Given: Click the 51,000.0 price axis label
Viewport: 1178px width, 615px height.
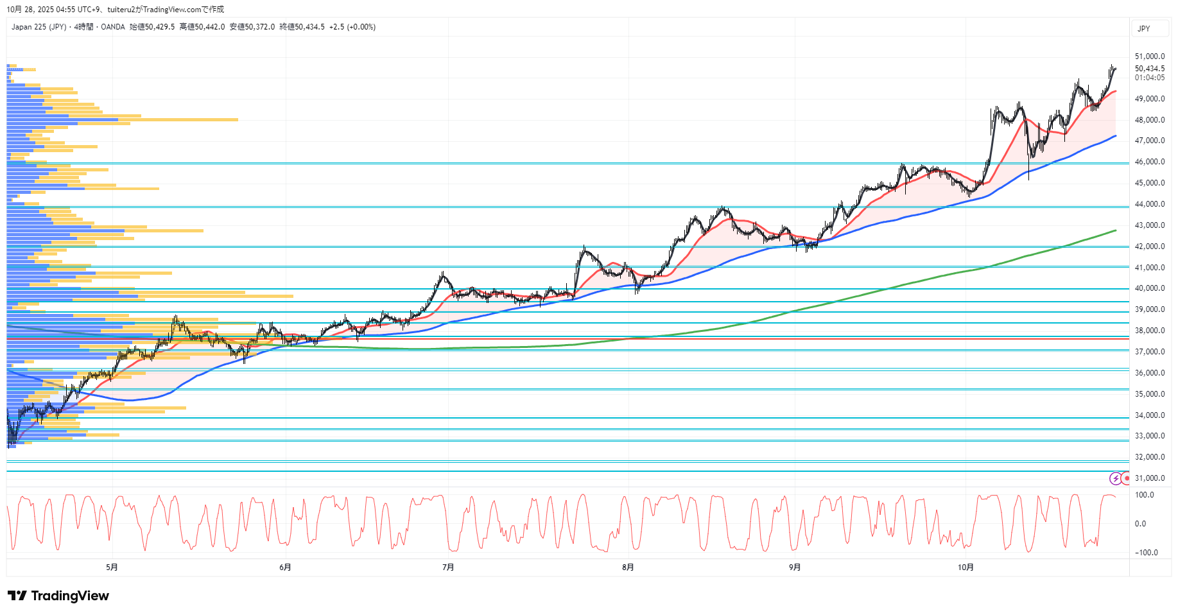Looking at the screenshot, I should pos(1149,56).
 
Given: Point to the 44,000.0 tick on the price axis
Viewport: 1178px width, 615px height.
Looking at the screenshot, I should pos(1149,204).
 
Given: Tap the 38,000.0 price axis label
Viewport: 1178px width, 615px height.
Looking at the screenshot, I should pos(1149,331).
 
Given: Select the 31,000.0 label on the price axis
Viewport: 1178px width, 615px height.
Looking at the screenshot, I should pos(1149,478).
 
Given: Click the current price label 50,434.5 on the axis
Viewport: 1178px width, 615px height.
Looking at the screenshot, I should pos(1149,69).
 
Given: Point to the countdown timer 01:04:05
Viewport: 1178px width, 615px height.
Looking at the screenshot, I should pos(1149,78).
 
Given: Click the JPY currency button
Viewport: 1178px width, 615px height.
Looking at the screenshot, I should pos(1144,29).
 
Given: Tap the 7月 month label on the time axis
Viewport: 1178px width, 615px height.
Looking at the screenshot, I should pos(448,567).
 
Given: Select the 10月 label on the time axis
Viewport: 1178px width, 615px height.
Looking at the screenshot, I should pos(966,567).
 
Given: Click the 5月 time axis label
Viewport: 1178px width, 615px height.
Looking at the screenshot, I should pos(112,567).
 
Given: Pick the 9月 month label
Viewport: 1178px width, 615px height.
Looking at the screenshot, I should pos(795,567).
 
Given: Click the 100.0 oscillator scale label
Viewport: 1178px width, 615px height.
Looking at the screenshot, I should pos(1144,495).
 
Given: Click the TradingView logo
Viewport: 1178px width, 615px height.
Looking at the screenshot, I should pos(58,596).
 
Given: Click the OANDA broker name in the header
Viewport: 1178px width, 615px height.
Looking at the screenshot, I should pos(112,27).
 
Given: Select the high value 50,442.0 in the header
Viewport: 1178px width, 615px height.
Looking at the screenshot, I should pos(202,27).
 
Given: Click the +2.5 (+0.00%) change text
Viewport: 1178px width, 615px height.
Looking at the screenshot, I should pos(352,27).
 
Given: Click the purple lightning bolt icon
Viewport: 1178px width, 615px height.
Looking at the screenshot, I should pos(1116,478).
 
